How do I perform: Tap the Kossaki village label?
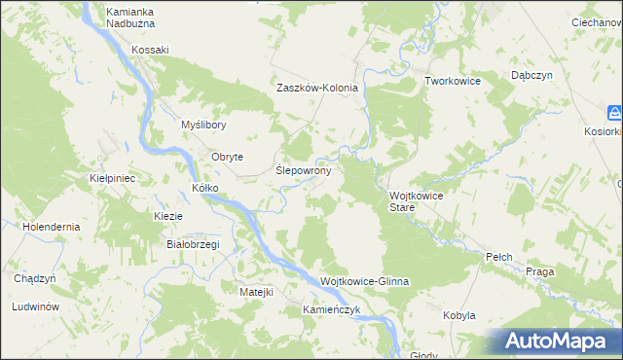[151, 50]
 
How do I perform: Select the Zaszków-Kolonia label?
[317, 88]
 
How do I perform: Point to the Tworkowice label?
[453, 81]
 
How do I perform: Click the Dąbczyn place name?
[532, 75]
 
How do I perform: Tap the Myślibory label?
[204, 125]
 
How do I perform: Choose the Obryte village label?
[227, 157]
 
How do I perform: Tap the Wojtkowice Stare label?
[417, 201]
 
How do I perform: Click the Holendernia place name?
[53, 227]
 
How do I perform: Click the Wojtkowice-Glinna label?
[365, 281]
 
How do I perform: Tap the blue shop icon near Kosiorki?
[615, 111]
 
